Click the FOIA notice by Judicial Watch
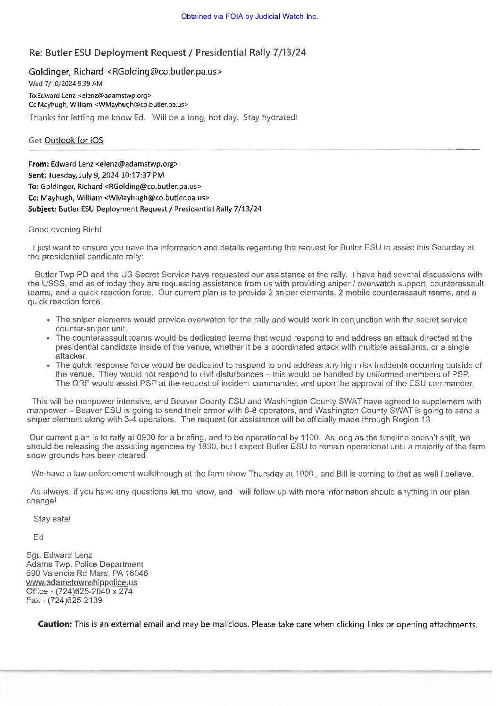click(x=249, y=17)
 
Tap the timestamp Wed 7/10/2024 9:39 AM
click(x=66, y=84)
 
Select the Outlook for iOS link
click(x=74, y=140)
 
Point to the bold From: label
click(x=38, y=164)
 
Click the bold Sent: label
click(x=37, y=175)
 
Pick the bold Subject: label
click(x=42, y=209)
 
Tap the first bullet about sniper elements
click(x=261, y=324)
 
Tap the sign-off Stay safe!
click(x=52, y=519)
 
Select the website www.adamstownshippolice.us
click(x=82, y=582)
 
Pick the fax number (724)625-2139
click(x=75, y=600)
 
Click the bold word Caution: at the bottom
click(x=55, y=624)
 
